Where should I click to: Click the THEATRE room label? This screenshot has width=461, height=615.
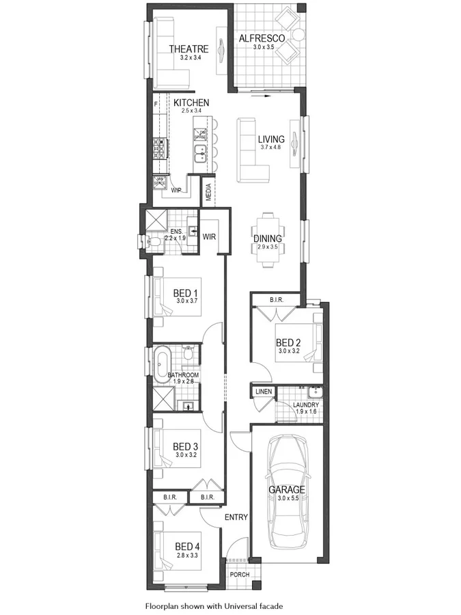188,49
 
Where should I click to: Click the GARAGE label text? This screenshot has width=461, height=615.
286,489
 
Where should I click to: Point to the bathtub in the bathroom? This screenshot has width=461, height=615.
163,364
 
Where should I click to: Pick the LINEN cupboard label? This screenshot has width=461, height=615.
263,392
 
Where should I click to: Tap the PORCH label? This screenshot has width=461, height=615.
239,575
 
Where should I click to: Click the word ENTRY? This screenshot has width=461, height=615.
236,517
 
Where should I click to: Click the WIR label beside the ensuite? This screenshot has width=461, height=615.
209,236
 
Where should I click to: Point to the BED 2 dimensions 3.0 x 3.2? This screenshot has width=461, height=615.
288,351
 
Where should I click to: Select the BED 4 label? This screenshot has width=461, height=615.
186,546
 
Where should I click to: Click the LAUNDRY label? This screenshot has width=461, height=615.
306,405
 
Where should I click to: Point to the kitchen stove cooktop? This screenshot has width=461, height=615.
160,146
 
